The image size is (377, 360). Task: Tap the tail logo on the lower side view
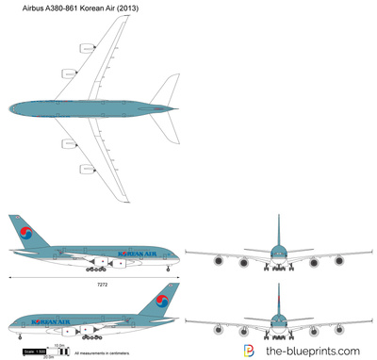[163, 303]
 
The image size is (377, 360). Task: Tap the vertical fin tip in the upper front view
[278, 217]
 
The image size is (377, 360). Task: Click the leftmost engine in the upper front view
[218, 260]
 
